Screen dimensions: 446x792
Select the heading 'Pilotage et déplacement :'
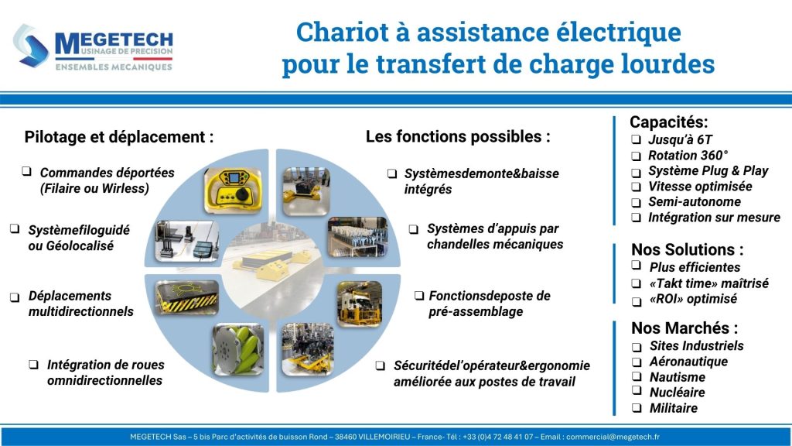119,137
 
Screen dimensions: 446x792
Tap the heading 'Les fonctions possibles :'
458,136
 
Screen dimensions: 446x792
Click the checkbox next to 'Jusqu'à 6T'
635,140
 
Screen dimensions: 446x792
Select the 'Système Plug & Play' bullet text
708,170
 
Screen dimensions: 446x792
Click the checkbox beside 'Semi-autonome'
635,202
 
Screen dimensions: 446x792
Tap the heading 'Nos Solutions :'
688,249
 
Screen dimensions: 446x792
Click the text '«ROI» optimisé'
693,298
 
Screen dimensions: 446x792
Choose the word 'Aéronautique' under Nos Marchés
688,362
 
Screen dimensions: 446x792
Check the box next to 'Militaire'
635,408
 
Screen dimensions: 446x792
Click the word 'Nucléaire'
677,393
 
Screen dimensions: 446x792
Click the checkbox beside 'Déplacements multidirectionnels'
14,297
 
